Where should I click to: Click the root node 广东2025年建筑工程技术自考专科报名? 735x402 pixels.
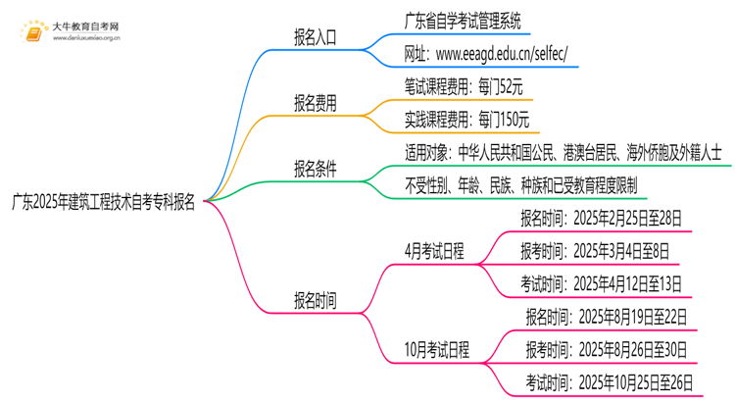tap(103, 204)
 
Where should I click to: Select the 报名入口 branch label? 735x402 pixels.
tap(315, 38)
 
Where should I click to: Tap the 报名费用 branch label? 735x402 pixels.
tap(315, 104)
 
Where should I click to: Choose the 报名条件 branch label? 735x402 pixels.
tap(315, 169)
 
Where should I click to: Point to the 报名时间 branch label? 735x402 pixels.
tap(315, 300)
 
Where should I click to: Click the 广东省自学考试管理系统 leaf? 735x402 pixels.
tap(463, 20)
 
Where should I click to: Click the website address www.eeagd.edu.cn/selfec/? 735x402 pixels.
tap(485, 53)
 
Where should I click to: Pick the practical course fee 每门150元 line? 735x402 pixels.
tap(466, 121)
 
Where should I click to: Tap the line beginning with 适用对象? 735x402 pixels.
tap(563, 152)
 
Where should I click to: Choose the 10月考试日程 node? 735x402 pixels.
tap(437, 349)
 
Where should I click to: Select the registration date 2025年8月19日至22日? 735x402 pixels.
tap(606, 317)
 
